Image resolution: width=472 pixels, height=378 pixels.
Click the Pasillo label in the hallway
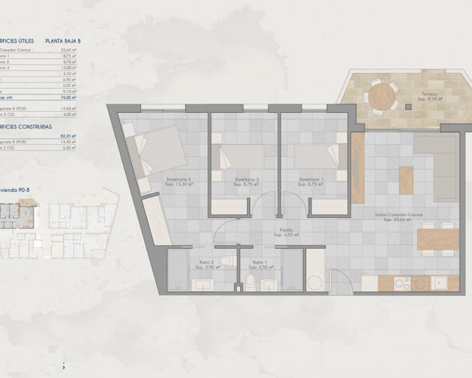(x=285, y=229)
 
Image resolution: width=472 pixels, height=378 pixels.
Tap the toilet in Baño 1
(x=252, y=283)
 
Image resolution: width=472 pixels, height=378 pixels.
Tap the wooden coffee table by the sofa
(x=405, y=175)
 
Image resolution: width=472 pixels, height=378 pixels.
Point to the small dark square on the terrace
(x=409, y=107)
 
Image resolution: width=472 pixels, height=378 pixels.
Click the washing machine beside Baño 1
(x=314, y=281)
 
